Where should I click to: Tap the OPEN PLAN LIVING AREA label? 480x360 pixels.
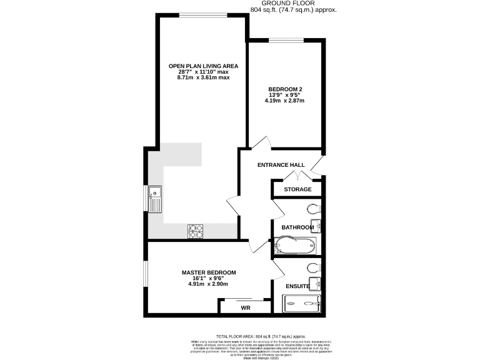click(x=203, y=66)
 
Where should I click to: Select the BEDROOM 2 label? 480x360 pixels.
click(x=286, y=89)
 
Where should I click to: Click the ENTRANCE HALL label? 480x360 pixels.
click(x=282, y=165)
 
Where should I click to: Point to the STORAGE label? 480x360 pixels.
click(x=297, y=189)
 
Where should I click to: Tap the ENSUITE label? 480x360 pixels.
click(x=297, y=286)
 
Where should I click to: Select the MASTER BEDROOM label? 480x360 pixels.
click(x=209, y=272)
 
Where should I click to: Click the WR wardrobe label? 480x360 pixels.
click(x=245, y=308)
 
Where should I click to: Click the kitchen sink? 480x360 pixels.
click(x=154, y=199)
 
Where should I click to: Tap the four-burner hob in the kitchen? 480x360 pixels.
click(x=196, y=231)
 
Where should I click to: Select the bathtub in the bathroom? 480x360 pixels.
click(x=296, y=247)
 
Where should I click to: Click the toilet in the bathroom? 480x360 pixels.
click(x=313, y=208)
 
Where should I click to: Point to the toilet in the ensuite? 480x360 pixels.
click(x=313, y=267)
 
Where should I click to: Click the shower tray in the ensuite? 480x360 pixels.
click(x=302, y=304)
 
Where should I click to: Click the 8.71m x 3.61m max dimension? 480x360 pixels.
click(x=203, y=78)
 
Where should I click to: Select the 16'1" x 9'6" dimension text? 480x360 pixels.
click(x=209, y=279)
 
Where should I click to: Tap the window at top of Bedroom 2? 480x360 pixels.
click(x=286, y=41)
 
